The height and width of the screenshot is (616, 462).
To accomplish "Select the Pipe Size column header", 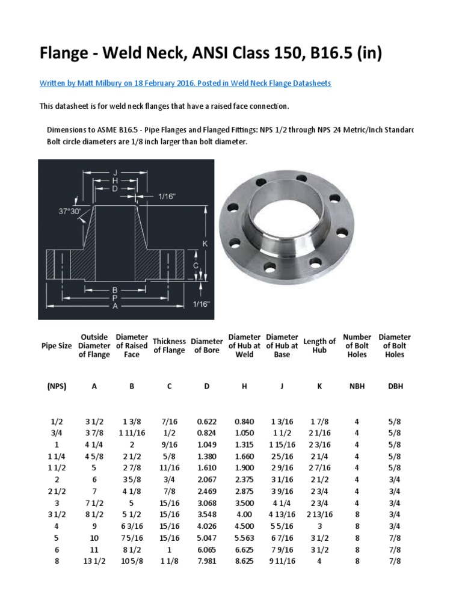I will [57, 346].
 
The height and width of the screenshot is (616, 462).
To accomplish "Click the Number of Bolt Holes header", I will [357, 346].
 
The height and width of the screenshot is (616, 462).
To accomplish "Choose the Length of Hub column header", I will [319, 346].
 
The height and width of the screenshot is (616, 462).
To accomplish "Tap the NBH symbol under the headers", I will [357, 386].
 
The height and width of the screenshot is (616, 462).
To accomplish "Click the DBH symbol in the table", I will [395, 386].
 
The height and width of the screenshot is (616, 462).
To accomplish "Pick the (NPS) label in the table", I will [57, 386].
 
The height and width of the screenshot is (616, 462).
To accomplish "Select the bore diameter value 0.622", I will [206, 422].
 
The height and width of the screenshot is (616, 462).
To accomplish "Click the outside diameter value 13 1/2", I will [94, 561].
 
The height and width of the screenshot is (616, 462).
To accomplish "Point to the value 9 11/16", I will [282, 561].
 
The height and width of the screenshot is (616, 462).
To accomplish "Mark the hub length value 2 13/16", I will [319, 515].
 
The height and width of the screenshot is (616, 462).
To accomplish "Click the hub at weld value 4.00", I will [244, 515].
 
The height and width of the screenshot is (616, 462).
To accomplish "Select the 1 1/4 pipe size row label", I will [57, 457].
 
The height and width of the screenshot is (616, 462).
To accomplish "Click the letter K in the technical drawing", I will [205, 244].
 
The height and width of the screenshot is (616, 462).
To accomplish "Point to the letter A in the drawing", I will [114, 306].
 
